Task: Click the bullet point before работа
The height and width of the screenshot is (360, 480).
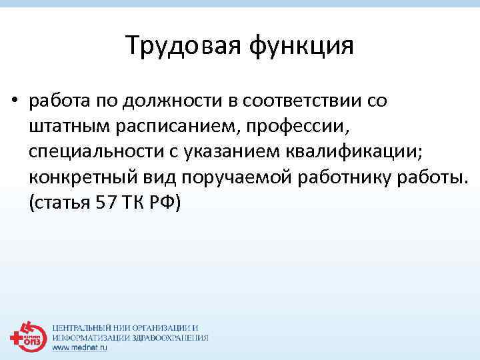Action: [x=13, y=102]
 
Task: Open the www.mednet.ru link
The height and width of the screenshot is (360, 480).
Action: [x=79, y=347]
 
